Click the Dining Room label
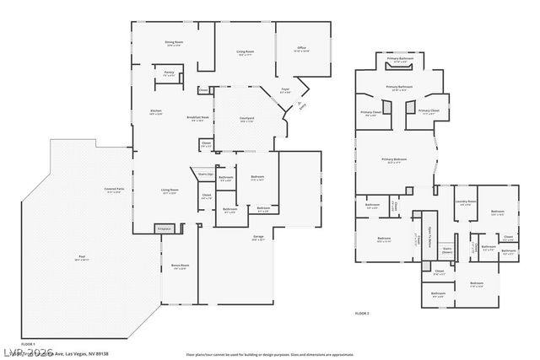(175, 43)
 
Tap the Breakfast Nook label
(198, 119)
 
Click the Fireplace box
(165, 228)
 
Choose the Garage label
(258, 238)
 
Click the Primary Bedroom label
(395, 163)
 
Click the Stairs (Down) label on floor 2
(448, 250)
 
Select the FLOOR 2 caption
(362, 313)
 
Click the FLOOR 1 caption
(28, 345)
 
